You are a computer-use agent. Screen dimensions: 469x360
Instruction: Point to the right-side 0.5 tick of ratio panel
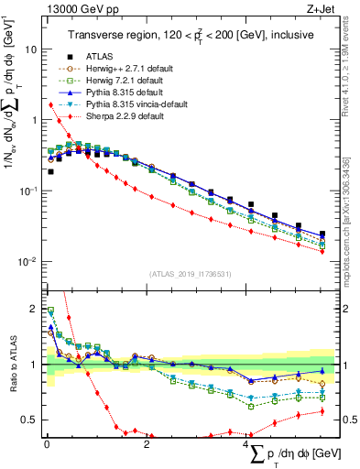pyautogui.click(x=346, y=420)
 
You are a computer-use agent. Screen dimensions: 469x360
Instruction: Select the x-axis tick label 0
pyautogui.click(x=47, y=445)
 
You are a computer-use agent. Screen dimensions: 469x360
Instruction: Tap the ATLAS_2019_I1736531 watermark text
pyautogui.click(x=191, y=273)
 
